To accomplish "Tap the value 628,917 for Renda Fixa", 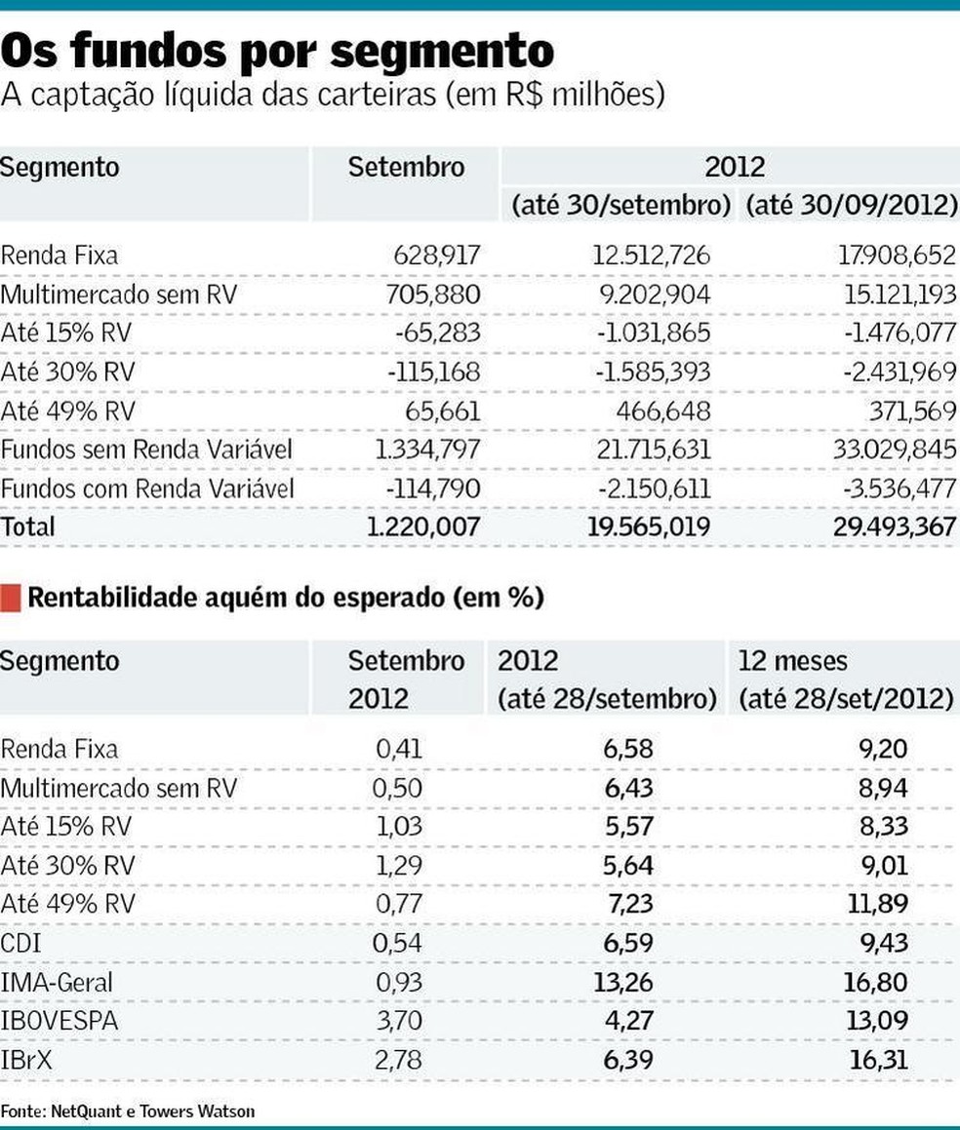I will (x=436, y=255).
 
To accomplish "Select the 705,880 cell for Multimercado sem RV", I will (x=436, y=294).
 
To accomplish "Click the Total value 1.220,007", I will (x=423, y=526).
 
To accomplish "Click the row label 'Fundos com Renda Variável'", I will (x=146, y=487).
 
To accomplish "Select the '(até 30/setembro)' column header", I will (x=621, y=206).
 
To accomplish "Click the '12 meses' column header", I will (x=793, y=660).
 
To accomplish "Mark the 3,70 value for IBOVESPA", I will (x=399, y=1021).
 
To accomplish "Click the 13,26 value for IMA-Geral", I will (x=622, y=982).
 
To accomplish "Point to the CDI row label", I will (x=20, y=943).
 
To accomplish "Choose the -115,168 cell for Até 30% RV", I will (x=431, y=371).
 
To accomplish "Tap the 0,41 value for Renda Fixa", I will (x=399, y=749).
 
